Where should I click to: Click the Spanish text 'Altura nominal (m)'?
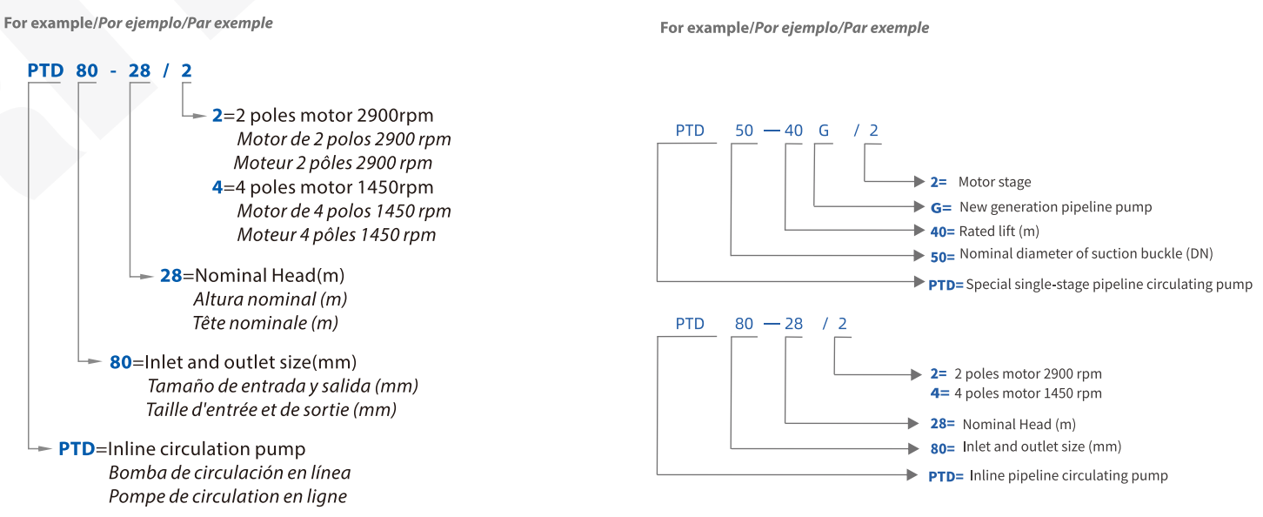point(270,299)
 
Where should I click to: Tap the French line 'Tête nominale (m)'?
point(265,323)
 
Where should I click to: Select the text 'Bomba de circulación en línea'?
point(230,473)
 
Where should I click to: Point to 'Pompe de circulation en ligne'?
point(227,497)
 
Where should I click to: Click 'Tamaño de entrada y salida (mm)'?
point(282,386)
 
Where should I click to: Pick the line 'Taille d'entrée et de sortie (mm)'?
point(271,409)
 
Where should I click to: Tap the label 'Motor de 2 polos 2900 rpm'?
point(344,139)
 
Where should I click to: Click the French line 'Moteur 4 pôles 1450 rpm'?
point(336,235)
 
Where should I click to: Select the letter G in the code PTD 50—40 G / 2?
point(823,131)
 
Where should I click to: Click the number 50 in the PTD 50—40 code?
point(744,131)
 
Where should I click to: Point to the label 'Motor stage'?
point(994,182)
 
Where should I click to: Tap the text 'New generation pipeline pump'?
point(1055,207)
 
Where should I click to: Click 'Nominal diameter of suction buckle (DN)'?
point(1086,254)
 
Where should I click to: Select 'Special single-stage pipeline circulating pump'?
point(1109,285)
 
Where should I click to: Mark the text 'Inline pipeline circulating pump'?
point(1068,476)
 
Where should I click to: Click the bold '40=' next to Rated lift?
point(942,232)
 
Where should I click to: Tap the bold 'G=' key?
point(939,208)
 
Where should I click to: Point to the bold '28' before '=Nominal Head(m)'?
point(170,276)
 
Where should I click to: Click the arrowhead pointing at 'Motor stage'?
point(920,182)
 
